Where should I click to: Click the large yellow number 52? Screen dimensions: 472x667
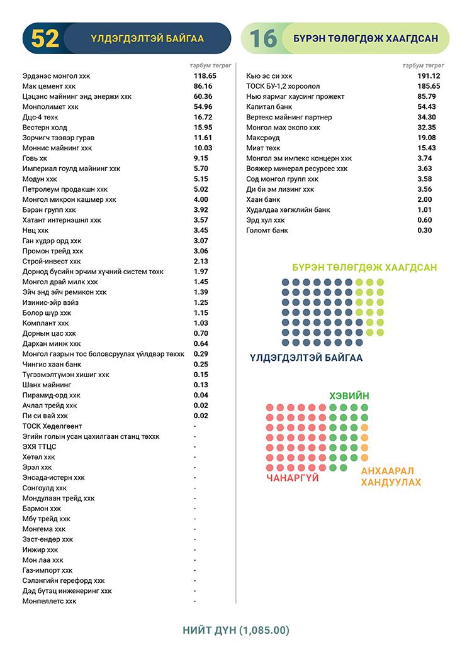(45, 39)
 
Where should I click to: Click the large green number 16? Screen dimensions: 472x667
(263, 39)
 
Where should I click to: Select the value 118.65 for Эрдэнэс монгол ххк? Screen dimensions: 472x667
(205, 75)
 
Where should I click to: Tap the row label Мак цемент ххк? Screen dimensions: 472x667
(49, 86)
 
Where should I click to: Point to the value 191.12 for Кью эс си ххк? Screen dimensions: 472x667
(429, 75)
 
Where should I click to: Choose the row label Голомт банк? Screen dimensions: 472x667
(267, 230)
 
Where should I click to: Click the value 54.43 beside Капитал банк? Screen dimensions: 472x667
(427, 107)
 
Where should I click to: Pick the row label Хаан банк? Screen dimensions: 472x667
(263, 199)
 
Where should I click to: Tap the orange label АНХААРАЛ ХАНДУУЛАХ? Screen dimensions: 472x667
(391, 477)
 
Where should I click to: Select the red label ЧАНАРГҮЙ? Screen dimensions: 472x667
(293, 478)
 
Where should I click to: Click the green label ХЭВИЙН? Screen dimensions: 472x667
(349, 395)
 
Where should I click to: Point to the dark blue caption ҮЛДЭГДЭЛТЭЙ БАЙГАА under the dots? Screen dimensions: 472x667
(306, 358)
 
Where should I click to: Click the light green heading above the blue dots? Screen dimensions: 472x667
(364, 268)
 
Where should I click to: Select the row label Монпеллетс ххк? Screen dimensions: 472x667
(50, 601)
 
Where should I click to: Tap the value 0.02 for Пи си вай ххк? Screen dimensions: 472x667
(201, 416)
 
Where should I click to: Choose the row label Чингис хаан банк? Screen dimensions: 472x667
(52, 364)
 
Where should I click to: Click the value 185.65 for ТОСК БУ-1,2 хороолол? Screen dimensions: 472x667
(429, 86)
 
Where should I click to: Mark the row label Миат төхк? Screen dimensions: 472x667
(263, 148)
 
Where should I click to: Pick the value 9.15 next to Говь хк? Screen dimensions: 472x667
(201, 158)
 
